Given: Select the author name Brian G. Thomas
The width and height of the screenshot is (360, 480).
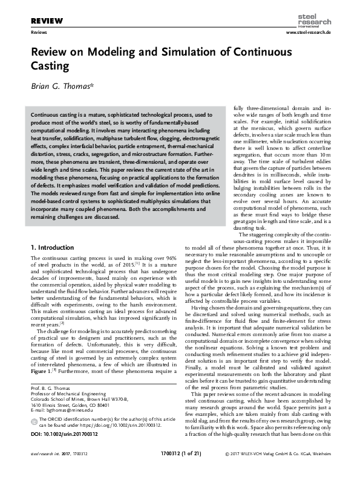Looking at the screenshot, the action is (x=66, y=86).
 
